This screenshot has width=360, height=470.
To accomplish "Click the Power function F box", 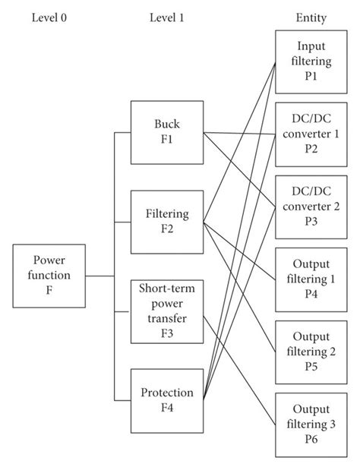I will [x=49, y=276].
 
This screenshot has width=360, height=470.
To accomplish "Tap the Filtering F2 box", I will [x=166, y=222].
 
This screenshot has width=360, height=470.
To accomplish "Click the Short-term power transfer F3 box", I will [x=166, y=312].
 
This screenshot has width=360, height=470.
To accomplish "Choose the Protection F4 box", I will [x=166, y=400].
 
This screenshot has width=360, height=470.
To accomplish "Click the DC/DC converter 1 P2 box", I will [x=311, y=134].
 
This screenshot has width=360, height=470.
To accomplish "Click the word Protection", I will [x=166, y=393].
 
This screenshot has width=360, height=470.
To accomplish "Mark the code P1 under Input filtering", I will [x=311, y=77].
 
